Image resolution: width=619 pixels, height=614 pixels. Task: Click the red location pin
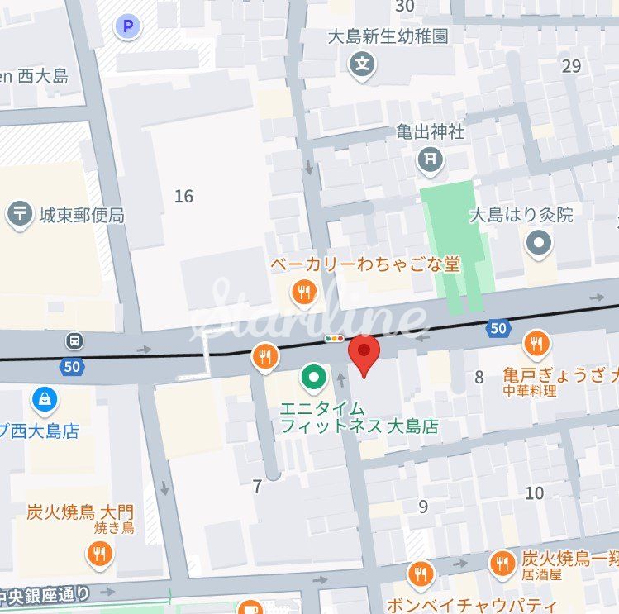pos(364,353)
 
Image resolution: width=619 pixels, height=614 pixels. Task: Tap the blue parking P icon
pos(127,27)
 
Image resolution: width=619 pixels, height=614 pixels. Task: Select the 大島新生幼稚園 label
pos(388,36)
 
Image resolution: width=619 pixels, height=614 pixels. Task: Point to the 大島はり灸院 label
pos(521,216)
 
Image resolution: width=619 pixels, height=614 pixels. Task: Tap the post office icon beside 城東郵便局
pos(19,215)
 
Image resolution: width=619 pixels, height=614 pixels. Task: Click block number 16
pos(183,196)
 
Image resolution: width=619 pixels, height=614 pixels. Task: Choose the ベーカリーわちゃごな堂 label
pos(365,265)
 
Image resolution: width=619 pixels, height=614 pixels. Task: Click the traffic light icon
pos(335,339)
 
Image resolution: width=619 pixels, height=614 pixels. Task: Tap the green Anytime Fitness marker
pos(313,378)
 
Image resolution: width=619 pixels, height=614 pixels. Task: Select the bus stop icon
pos(75,340)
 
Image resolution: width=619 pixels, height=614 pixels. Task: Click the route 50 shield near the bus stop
pos(72,365)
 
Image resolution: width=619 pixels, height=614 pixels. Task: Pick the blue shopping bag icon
pos(44,401)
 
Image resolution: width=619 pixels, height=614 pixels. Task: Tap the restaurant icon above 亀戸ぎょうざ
pos(536,344)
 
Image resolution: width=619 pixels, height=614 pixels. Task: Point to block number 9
pos(423,507)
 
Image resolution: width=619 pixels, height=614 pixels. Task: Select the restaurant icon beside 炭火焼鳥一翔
pos(501,564)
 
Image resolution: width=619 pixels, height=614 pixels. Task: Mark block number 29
pos(571,66)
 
